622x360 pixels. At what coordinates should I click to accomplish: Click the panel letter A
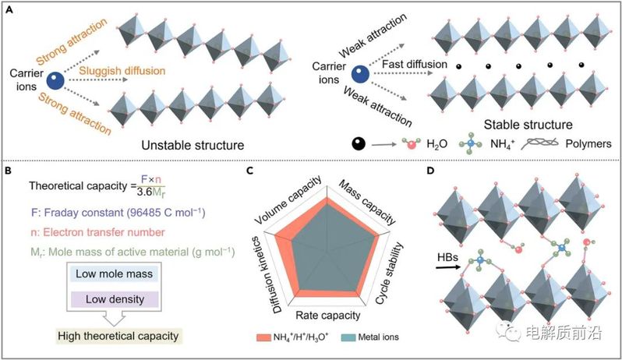(8, 9)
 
